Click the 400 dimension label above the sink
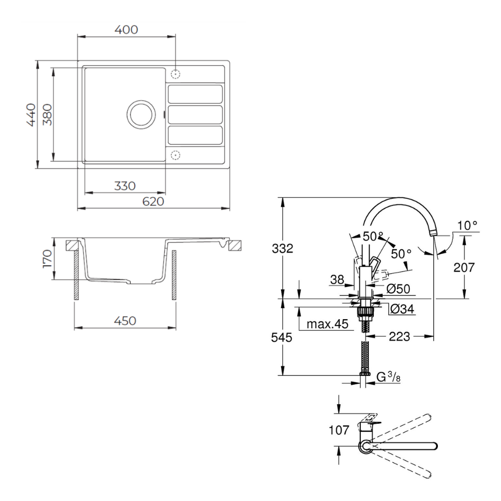click(126, 30)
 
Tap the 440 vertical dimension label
click(31, 115)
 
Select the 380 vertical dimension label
click(47, 115)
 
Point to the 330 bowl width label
click(125, 186)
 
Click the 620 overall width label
click(153, 201)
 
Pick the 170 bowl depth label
click(47, 259)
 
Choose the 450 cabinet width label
click(125, 321)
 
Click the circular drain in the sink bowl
click(141, 114)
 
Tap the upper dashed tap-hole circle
click(175, 74)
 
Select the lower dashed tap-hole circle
click(175, 155)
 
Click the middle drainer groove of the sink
click(195, 114)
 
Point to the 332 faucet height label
click(283, 248)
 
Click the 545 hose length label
click(282, 337)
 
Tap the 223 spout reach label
click(399, 336)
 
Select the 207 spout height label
click(464, 267)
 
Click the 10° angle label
click(467, 225)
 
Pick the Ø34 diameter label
click(402, 309)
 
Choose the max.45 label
click(327, 324)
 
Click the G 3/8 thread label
click(388, 377)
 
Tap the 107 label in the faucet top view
click(339, 430)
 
